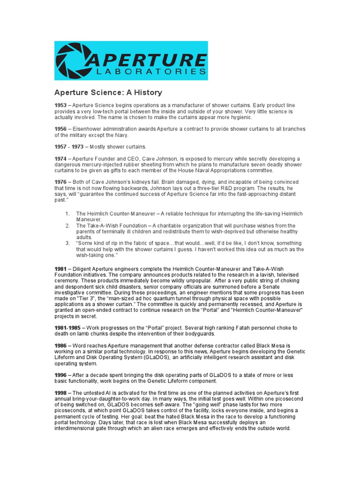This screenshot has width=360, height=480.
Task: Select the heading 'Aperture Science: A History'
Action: [108, 93]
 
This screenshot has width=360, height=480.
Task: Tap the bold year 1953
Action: [61, 105]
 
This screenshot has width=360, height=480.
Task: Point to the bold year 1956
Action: [61, 129]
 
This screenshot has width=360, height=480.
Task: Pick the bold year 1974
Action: [61, 159]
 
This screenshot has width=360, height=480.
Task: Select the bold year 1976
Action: [61, 182]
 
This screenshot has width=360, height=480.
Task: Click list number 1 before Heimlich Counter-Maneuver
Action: [67, 214]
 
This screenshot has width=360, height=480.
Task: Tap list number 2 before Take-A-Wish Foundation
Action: [67, 225]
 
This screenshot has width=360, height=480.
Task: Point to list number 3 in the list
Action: [67, 243]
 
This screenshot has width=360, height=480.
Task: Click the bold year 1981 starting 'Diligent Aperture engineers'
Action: [61, 269]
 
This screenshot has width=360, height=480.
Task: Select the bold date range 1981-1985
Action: [68, 327]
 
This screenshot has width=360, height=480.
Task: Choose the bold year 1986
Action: [61, 345]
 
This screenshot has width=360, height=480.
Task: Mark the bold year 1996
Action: [61, 375]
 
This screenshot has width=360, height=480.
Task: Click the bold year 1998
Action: [61, 393]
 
